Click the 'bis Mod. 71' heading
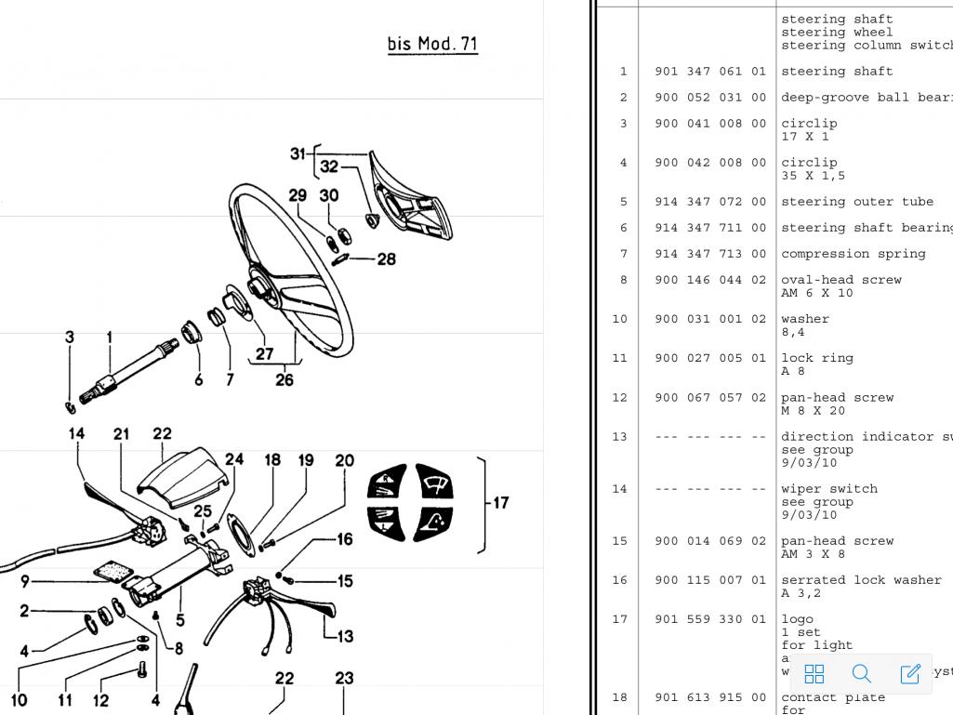(x=432, y=44)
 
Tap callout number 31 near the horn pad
(x=298, y=153)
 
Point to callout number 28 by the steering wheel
(x=387, y=258)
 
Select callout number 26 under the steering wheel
(x=285, y=379)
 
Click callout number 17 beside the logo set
(x=501, y=503)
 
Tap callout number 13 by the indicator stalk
(x=344, y=637)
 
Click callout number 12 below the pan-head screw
(x=100, y=700)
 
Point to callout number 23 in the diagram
(x=344, y=679)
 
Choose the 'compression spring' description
(x=854, y=254)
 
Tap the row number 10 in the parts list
(x=619, y=319)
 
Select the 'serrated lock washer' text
(x=861, y=580)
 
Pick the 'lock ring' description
(x=816, y=358)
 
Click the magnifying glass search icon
(x=862, y=673)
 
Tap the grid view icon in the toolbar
(x=814, y=673)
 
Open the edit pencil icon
(x=910, y=673)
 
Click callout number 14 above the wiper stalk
(x=76, y=433)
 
